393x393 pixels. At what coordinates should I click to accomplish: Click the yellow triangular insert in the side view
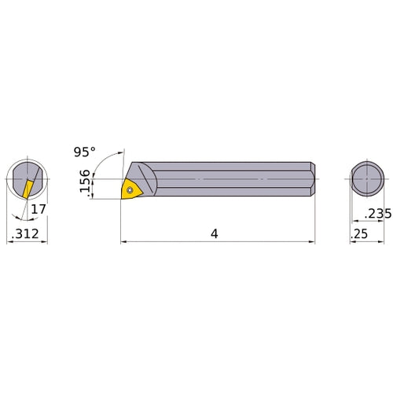[x=129, y=189]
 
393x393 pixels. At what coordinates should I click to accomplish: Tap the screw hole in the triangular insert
[x=130, y=189]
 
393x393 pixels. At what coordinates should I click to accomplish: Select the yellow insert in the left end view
[x=28, y=189]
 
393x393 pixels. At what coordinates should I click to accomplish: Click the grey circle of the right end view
[x=369, y=180]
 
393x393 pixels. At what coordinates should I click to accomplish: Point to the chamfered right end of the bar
[x=312, y=180]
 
